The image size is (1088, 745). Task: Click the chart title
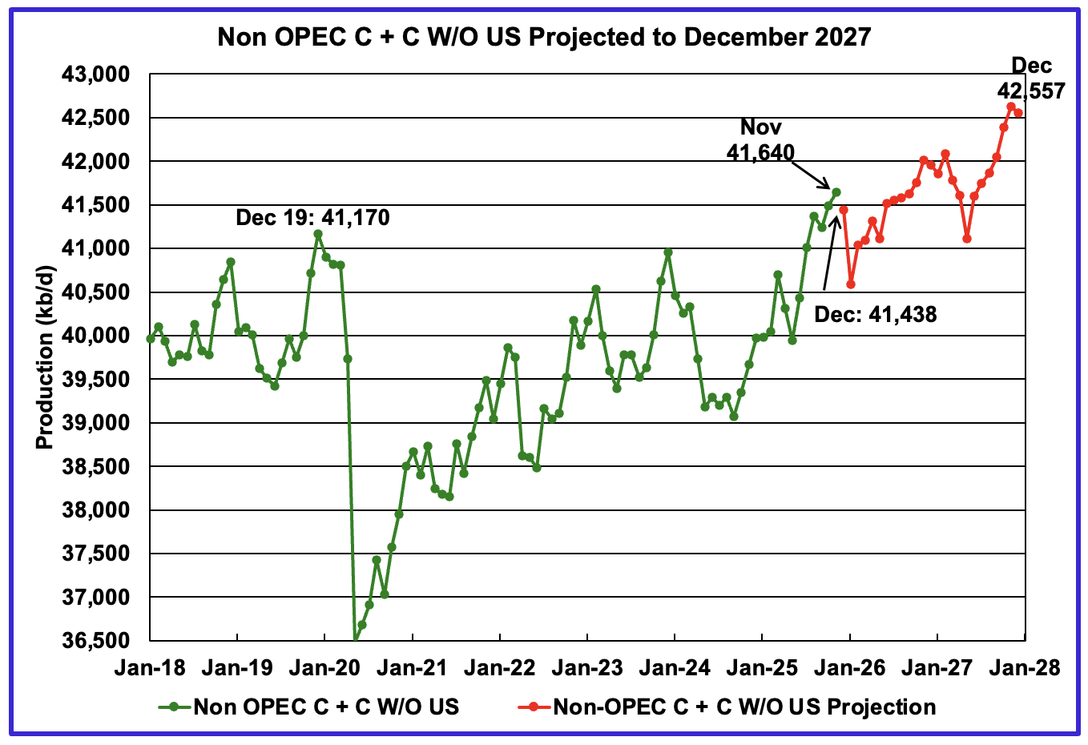tap(544, 37)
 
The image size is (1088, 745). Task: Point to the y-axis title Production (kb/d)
tap(45, 358)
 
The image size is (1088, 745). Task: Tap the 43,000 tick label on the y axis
tap(95, 75)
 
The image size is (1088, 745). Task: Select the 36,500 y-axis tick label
tap(95, 641)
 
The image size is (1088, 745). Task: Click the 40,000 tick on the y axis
tap(95, 336)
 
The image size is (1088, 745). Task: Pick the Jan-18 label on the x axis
tap(150, 667)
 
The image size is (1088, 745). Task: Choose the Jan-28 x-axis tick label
tap(1025, 667)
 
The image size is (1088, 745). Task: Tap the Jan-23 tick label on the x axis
tap(587, 667)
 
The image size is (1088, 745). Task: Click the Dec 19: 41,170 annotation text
tap(312, 217)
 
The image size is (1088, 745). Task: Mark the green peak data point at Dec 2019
tap(318, 234)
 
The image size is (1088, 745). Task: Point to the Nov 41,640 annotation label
tap(760, 139)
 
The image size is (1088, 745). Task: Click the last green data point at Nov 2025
tap(836, 191)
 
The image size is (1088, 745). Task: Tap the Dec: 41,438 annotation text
tap(875, 314)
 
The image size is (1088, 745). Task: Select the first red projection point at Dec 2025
tap(844, 210)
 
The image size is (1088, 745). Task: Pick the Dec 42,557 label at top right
tap(1034, 79)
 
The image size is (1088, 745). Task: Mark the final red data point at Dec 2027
tap(1018, 112)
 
